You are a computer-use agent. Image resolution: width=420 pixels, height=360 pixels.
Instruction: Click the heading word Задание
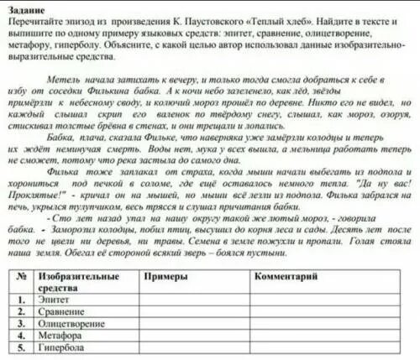[22, 7]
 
